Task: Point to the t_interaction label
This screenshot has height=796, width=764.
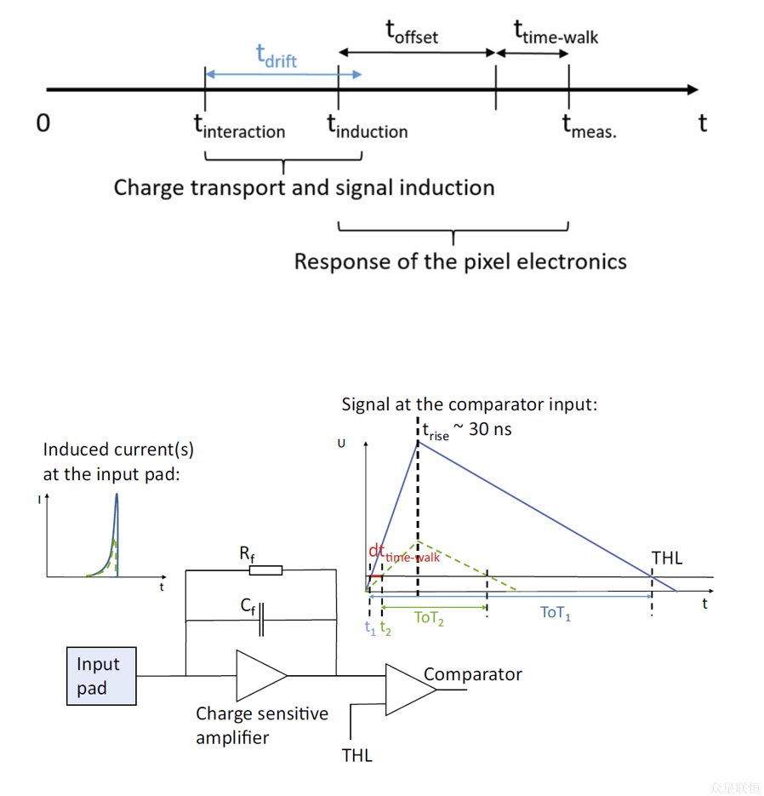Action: click(239, 127)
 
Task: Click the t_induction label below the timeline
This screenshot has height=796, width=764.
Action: click(368, 127)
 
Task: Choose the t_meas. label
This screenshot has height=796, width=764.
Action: click(589, 127)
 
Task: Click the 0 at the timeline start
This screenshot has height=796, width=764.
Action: click(43, 123)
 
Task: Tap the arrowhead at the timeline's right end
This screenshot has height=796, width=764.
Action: click(693, 89)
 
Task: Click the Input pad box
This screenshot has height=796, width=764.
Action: click(101, 676)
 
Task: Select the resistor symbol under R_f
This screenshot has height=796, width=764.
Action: click(265, 570)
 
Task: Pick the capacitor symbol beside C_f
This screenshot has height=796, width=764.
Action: click(262, 620)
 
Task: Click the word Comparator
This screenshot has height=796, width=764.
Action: click(472, 674)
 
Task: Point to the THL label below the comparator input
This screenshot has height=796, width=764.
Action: click(356, 754)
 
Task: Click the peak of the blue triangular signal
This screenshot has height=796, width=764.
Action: click(418, 441)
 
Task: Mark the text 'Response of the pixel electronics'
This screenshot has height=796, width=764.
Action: click(460, 261)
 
